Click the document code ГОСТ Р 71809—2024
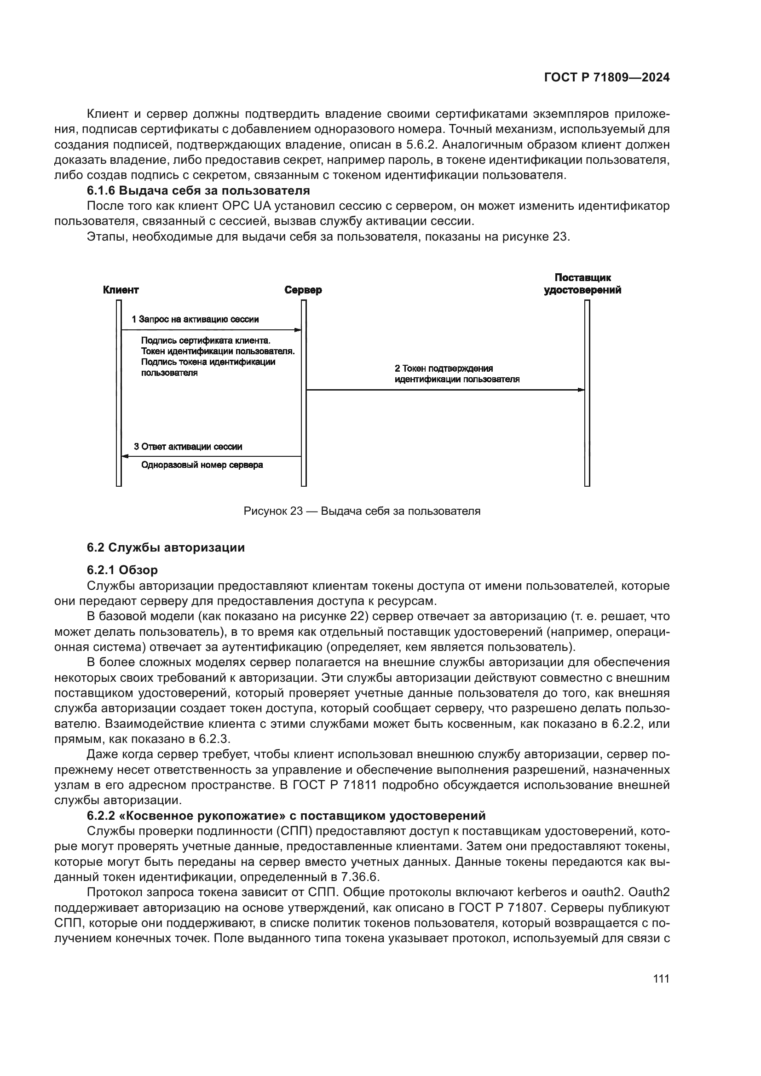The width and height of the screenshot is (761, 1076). point(606,78)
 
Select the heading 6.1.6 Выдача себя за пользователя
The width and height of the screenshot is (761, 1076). point(198,191)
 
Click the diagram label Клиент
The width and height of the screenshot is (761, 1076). point(121,290)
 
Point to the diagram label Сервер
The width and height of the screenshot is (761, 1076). point(303,290)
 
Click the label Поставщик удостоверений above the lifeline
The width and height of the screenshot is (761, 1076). point(582,284)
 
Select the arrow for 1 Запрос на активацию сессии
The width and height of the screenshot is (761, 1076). point(211,330)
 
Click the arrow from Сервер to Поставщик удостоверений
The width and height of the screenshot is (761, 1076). point(445,390)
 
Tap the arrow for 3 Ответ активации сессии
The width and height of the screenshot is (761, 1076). point(211,456)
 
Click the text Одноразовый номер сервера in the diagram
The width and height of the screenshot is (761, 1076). point(202,466)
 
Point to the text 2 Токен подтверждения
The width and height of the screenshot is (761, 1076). point(444,369)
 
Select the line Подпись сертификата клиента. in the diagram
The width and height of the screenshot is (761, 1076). point(206,341)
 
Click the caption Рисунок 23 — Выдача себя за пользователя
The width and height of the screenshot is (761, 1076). point(362,511)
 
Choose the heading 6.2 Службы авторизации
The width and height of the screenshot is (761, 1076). point(166,547)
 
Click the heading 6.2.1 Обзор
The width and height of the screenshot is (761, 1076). point(122,570)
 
